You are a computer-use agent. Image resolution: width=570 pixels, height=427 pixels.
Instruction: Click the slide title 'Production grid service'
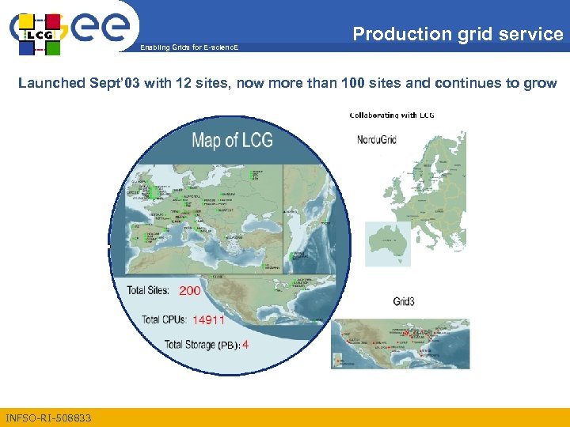[458, 34]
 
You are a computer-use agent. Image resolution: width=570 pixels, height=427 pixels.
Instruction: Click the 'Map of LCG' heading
[232, 142]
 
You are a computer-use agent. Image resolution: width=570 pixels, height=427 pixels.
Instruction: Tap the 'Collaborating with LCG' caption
[392, 115]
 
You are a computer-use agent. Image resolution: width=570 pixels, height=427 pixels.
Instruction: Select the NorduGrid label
[377, 140]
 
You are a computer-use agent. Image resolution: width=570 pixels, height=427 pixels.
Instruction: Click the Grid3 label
[406, 301]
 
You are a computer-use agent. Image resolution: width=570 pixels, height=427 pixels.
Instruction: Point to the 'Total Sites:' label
[148, 290]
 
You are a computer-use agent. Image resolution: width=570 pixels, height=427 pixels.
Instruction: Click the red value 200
[190, 290]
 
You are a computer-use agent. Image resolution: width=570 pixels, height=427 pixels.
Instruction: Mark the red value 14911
[209, 319]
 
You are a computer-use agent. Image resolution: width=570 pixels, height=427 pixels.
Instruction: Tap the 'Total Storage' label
[190, 344]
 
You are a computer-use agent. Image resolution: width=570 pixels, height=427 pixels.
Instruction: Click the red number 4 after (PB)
[245, 344]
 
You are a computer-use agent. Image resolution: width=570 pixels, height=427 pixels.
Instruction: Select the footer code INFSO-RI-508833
[48, 418]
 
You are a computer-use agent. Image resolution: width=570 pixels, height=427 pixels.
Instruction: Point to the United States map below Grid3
[400, 343]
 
